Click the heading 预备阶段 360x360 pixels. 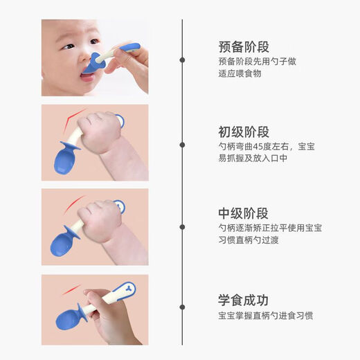[243, 47]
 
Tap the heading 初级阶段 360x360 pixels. [243, 132]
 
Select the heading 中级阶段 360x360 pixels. [243, 213]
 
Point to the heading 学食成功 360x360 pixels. [243, 300]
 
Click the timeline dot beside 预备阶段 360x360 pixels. [182, 60]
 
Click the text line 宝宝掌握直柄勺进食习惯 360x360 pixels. [264, 316]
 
